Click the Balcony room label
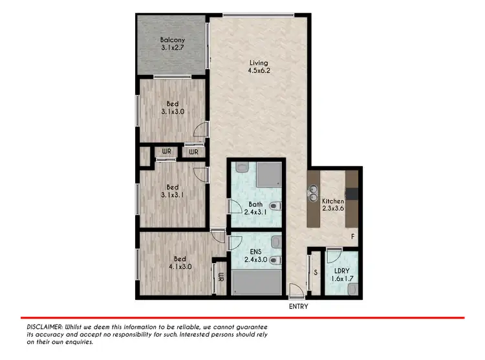pos(172,44)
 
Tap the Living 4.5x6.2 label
pos(259,67)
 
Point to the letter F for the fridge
pos(352,237)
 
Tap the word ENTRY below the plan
pos(298,306)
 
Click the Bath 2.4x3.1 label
pos(255,210)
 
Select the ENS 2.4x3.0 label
pos(255,256)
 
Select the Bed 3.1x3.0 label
pos(172,107)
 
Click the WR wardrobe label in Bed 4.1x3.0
pos(221,278)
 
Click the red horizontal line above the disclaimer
pos(242,318)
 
